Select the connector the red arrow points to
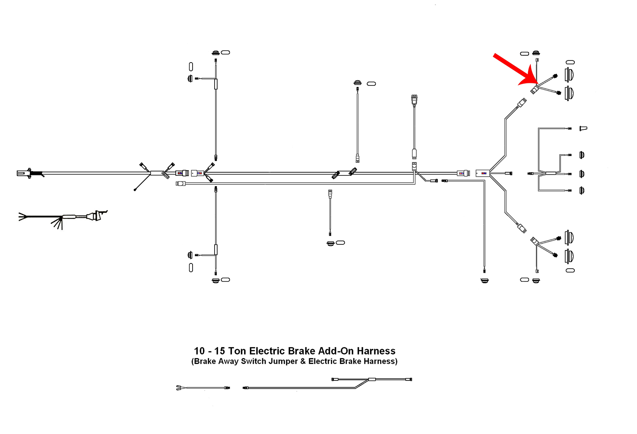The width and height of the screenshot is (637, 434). point(535,90)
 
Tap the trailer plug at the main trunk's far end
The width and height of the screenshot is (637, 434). point(22,174)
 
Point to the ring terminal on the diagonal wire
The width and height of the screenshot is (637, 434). point(135,190)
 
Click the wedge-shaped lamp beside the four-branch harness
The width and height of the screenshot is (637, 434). point(583,128)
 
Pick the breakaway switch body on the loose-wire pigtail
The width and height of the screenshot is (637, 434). point(95,215)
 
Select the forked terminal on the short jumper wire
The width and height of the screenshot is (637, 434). point(179,388)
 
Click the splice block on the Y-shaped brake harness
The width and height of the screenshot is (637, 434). point(371,380)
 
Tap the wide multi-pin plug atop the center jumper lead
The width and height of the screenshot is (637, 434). point(414,98)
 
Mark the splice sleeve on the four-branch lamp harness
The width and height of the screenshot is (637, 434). point(551,174)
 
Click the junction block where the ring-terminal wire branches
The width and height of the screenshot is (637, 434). point(156,173)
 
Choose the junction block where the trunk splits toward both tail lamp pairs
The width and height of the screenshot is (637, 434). point(482,173)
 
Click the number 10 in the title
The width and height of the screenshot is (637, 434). point(199,351)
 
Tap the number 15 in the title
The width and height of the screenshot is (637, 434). point(220,351)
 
